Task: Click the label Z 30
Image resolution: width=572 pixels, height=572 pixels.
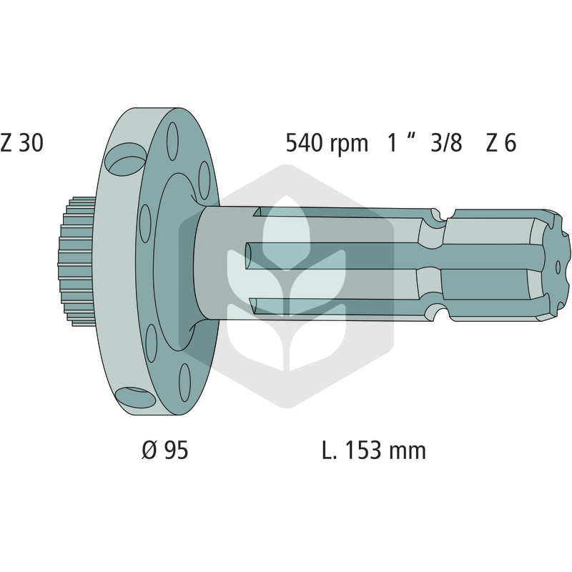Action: point(22,142)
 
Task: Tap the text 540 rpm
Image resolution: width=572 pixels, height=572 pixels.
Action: point(327,143)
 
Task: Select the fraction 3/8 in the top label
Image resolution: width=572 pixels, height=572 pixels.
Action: point(446,142)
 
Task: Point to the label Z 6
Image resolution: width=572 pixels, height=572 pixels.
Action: point(501,142)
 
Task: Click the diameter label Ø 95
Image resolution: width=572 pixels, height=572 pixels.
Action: point(165,450)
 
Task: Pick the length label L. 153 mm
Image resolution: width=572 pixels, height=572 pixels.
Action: point(374,450)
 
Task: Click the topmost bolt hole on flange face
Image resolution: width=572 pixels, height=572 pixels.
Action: point(172,141)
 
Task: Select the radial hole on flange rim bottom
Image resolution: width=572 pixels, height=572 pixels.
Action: point(136,398)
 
